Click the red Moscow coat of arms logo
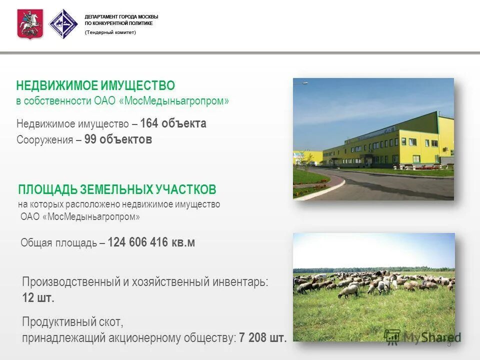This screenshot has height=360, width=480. [x=30, y=23]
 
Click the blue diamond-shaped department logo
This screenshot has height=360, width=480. [x=63, y=24]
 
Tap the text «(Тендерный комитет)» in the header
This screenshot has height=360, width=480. [x=110, y=32]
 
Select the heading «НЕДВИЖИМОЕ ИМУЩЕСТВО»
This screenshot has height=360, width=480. [x=95, y=86]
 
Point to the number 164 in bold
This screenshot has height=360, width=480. [x=148, y=123]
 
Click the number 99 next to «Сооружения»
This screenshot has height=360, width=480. [x=90, y=139]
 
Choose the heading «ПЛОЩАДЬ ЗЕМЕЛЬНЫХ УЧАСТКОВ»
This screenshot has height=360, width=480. [x=117, y=190]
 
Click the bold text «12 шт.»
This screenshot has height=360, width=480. [x=38, y=298]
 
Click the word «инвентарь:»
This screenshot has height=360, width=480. [x=239, y=282]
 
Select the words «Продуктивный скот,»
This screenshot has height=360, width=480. [x=72, y=321]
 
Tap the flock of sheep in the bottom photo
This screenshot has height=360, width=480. [x=370, y=282]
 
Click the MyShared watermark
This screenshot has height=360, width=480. [x=422, y=336]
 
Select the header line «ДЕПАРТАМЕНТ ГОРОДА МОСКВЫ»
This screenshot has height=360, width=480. [x=121, y=16]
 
